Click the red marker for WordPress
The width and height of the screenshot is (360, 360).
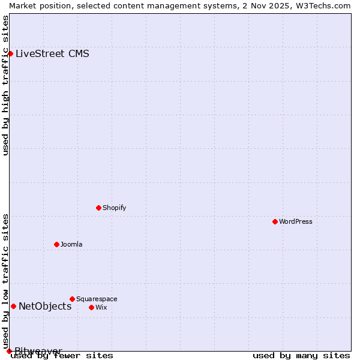pyautogui.click(x=275, y=221)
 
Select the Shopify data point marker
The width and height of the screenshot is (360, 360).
pyautogui.click(x=98, y=208)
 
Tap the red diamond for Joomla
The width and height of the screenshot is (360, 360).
pyautogui.click(x=56, y=244)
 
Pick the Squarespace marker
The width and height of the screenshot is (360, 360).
pyautogui.click(x=72, y=299)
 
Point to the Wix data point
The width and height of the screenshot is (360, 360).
pyautogui.click(x=91, y=307)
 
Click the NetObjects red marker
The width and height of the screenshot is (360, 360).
pyautogui.click(x=13, y=306)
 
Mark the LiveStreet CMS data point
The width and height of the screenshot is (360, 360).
pyautogui.click(x=10, y=53)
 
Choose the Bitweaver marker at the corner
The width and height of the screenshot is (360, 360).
pyautogui.click(x=9, y=351)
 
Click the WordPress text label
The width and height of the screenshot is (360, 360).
pyautogui.click(x=295, y=221)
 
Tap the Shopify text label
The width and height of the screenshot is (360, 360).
pyautogui.click(x=114, y=208)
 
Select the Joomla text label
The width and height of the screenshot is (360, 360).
pyautogui.click(x=71, y=244)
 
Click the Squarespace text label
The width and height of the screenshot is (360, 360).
pyautogui.click(x=97, y=299)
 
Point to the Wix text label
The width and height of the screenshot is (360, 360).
pyautogui.click(x=101, y=307)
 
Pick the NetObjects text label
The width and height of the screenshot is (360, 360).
pyautogui.click(x=45, y=306)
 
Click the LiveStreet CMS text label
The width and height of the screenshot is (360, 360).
pyautogui.click(x=52, y=53)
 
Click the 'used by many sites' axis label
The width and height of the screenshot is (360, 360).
pyautogui.click(x=301, y=355)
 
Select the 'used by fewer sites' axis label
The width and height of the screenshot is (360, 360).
pyautogui.click(x=62, y=355)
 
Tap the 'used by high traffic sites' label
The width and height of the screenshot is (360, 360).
pyautogui.click(x=5, y=85)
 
